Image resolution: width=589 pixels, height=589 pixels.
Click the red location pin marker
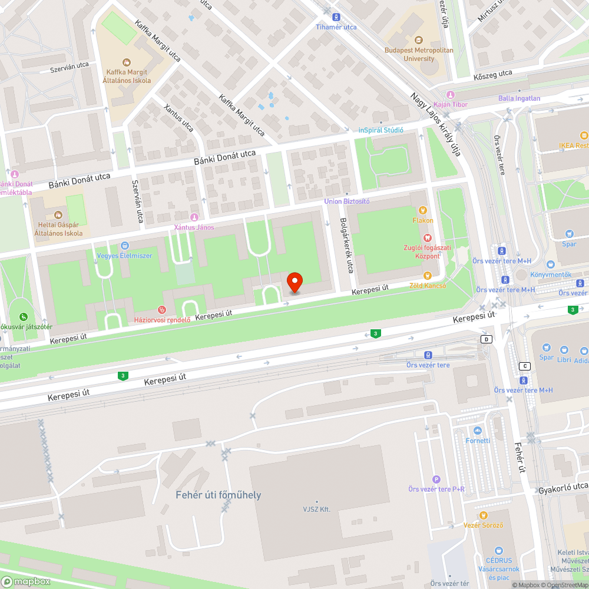tap(294, 283)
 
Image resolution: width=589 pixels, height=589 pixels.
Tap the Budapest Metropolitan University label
tap(419, 54)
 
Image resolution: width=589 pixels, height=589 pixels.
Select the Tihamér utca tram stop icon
tap(336, 17)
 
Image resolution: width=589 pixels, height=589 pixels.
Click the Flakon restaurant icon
tap(422, 210)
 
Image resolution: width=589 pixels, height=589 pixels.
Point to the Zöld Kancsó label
tap(428, 286)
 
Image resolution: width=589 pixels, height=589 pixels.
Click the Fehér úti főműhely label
tap(218, 495)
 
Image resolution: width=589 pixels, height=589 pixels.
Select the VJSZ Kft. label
tap(317, 509)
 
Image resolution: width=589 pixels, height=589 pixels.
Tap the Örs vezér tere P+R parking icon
tap(436, 479)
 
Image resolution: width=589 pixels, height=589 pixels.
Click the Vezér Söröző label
tap(483, 525)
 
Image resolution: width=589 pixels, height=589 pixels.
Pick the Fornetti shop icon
tap(477, 431)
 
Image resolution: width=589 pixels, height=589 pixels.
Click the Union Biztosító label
tap(347, 201)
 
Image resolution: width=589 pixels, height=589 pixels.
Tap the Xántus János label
tap(194, 227)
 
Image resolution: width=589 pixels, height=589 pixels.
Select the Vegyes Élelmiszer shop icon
tap(124, 246)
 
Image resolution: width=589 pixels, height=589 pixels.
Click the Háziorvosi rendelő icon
tap(161, 310)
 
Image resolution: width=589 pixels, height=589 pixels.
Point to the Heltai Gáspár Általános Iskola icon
tap(57, 215)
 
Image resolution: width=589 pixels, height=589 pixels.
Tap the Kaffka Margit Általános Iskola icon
tap(126, 62)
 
